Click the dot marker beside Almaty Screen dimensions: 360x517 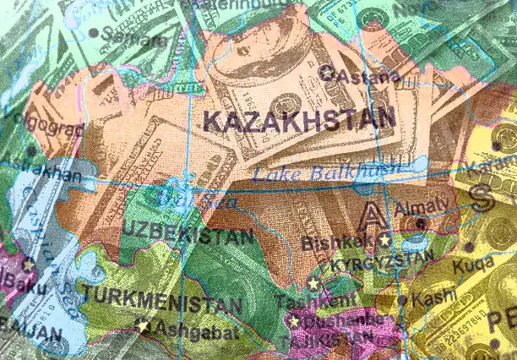pyautogui.click(x=421, y=224)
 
